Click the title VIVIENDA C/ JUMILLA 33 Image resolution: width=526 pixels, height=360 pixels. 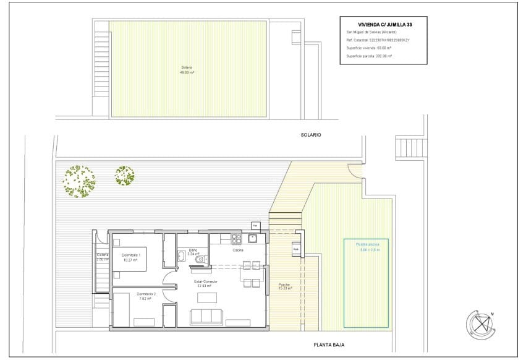[381, 25]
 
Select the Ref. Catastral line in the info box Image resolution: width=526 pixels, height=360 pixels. [378, 40]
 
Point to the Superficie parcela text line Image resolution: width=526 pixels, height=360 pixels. [370, 56]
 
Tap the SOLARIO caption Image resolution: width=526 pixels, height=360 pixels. [312, 134]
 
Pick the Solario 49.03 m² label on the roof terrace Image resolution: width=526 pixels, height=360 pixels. [187, 69]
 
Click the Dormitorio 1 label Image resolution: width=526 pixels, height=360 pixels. [130, 257]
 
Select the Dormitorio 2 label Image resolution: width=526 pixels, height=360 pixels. [146, 295]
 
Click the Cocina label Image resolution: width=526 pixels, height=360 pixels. [237, 251]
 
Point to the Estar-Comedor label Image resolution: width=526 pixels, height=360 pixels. [204, 283]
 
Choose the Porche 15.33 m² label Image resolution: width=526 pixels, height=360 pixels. [284, 286]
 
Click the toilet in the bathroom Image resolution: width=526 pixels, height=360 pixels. [200, 260]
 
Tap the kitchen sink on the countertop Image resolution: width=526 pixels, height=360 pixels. [252, 238]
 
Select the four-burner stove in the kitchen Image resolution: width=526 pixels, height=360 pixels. [235, 238]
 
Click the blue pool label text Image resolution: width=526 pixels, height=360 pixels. [367, 247]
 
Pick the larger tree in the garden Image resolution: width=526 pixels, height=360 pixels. [79, 181]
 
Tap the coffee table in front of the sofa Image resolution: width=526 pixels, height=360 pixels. [207, 298]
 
